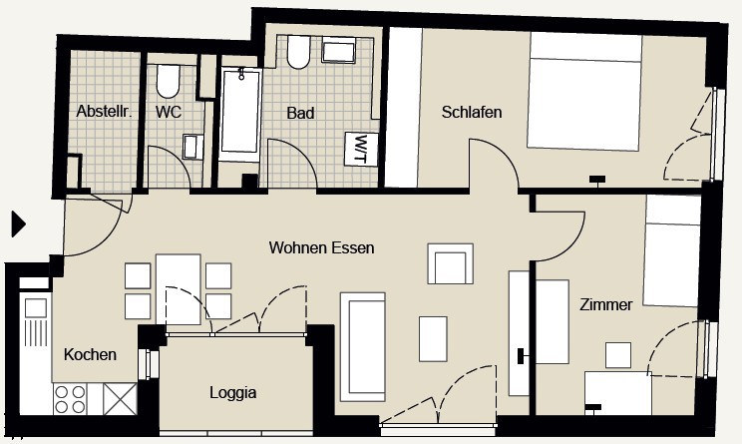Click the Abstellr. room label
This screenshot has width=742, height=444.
(104, 112)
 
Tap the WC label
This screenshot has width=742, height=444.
(169, 112)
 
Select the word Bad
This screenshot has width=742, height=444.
(300, 113)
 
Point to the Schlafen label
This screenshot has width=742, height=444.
(472, 112)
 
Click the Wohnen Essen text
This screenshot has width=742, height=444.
(322, 247)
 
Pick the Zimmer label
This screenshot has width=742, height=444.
(605, 304)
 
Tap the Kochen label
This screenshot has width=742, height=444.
(90, 354)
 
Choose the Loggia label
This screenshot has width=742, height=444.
(233, 392)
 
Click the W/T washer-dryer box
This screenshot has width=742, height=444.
(362, 149)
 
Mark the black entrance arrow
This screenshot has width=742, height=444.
(18, 224)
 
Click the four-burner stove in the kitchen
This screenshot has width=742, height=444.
(70, 399)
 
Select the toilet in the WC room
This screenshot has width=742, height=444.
(168, 81)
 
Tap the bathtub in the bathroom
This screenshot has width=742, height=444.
(240, 114)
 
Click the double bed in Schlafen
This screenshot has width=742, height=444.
(585, 92)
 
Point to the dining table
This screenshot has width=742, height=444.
(179, 289)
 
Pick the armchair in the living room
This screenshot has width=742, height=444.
(450, 263)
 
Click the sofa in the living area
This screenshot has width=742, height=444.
(363, 347)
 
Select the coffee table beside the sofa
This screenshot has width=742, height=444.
(433, 339)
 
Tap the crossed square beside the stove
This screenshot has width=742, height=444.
(121, 399)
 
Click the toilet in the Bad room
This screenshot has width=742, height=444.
(298, 52)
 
